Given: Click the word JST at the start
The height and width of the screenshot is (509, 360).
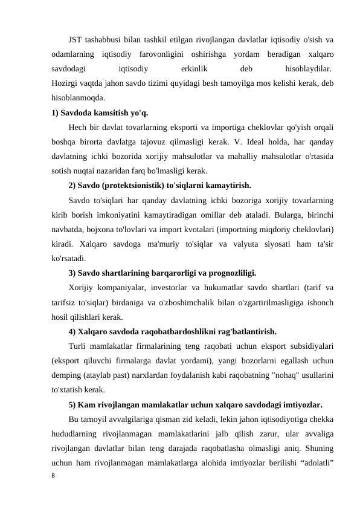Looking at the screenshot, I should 76,41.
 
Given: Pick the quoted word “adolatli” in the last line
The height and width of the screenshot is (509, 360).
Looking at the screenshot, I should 317,462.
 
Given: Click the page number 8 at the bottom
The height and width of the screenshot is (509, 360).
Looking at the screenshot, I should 54,476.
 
